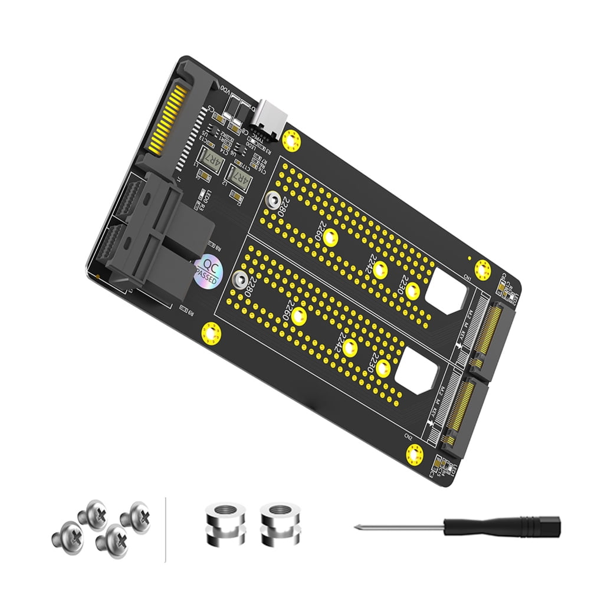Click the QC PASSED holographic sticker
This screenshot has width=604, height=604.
[207, 270]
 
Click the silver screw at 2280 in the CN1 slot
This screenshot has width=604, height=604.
[273, 200]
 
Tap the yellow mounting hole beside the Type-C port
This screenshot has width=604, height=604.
[290, 140]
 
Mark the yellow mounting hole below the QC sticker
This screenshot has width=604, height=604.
[211, 333]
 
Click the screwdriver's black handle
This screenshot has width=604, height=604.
[501, 526]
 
